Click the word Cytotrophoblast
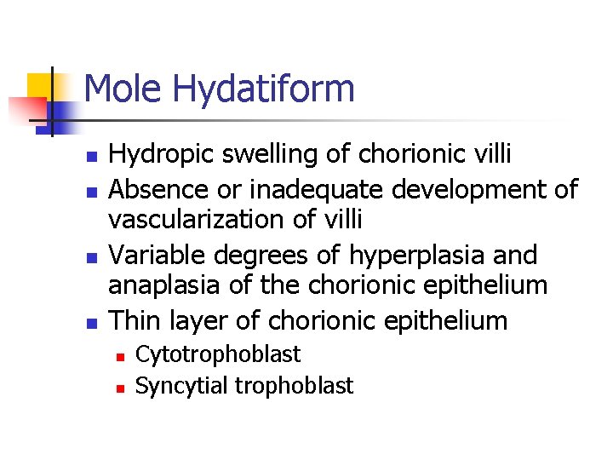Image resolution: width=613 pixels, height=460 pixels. tap(218, 354)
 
